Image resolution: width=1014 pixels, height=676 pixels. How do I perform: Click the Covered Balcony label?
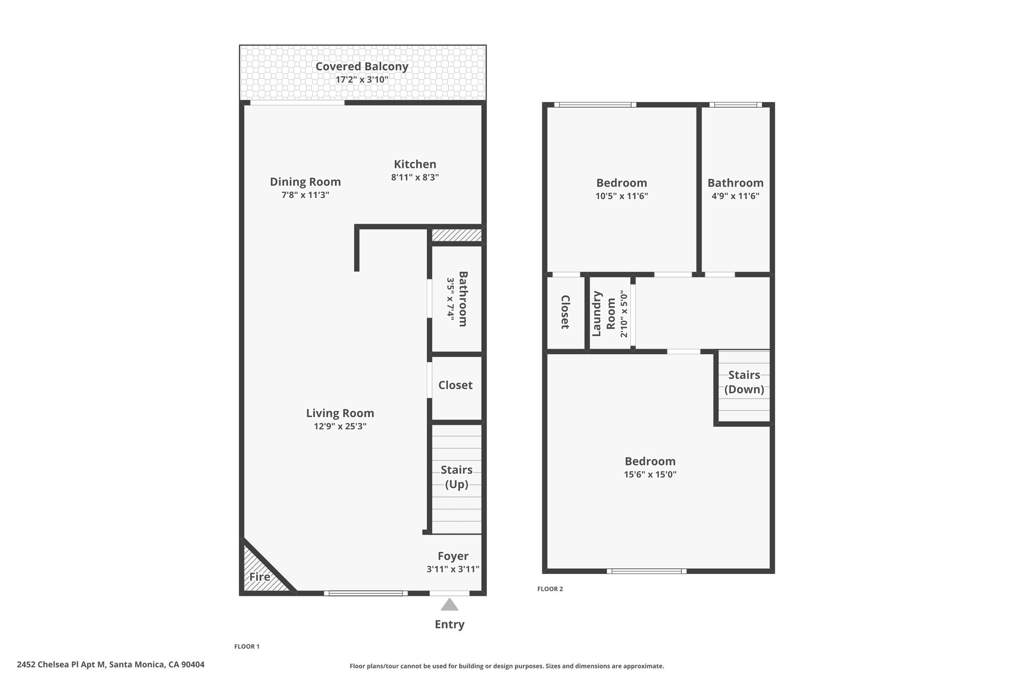pyautogui.click(x=362, y=66)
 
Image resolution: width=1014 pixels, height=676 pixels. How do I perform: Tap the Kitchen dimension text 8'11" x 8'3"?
pyautogui.click(x=415, y=177)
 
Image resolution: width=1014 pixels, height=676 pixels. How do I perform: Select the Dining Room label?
pyautogui.click(x=305, y=182)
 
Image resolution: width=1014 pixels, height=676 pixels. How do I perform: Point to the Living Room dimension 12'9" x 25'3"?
pyautogui.click(x=340, y=426)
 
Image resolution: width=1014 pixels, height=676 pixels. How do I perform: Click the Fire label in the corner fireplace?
pyautogui.click(x=259, y=577)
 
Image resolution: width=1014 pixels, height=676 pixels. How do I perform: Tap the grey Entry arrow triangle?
pyautogui.click(x=450, y=605)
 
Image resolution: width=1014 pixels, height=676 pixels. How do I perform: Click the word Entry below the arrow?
pyautogui.click(x=450, y=624)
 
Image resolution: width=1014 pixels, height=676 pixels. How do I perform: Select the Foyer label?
pyautogui.click(x=453, y=556)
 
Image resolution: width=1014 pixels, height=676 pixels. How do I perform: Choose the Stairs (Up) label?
pyautogui.click(x=456, y=477)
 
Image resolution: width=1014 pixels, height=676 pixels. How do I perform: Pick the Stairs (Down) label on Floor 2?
pyautogui.click(x=744, y=382)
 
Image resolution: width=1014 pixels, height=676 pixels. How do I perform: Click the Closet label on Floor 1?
pyautogui.click(x=456, y=385)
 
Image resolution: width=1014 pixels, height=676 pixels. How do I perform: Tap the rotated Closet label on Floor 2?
pyautogui.click(x=565, y=312)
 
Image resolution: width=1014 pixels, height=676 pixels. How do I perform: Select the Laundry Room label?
pyautogui.click(x=604, y=313)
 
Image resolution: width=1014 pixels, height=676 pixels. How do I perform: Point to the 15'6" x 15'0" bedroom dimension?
pyautogui.click(x=650, y=474)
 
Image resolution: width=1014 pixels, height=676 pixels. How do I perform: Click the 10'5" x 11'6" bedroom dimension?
pyautogui.click(x=621, y=196)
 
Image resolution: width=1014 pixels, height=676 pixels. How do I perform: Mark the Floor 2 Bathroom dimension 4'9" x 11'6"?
pyautogui.click(x=735, y=196)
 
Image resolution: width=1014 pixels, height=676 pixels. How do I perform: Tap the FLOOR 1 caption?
pyautogui.click(x=247, y=646)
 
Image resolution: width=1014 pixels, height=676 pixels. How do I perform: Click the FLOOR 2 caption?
pyautogui.click(x=550, y=589)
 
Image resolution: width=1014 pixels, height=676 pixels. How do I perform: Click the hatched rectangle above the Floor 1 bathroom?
pyautogui.click(x=456, y=235)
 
